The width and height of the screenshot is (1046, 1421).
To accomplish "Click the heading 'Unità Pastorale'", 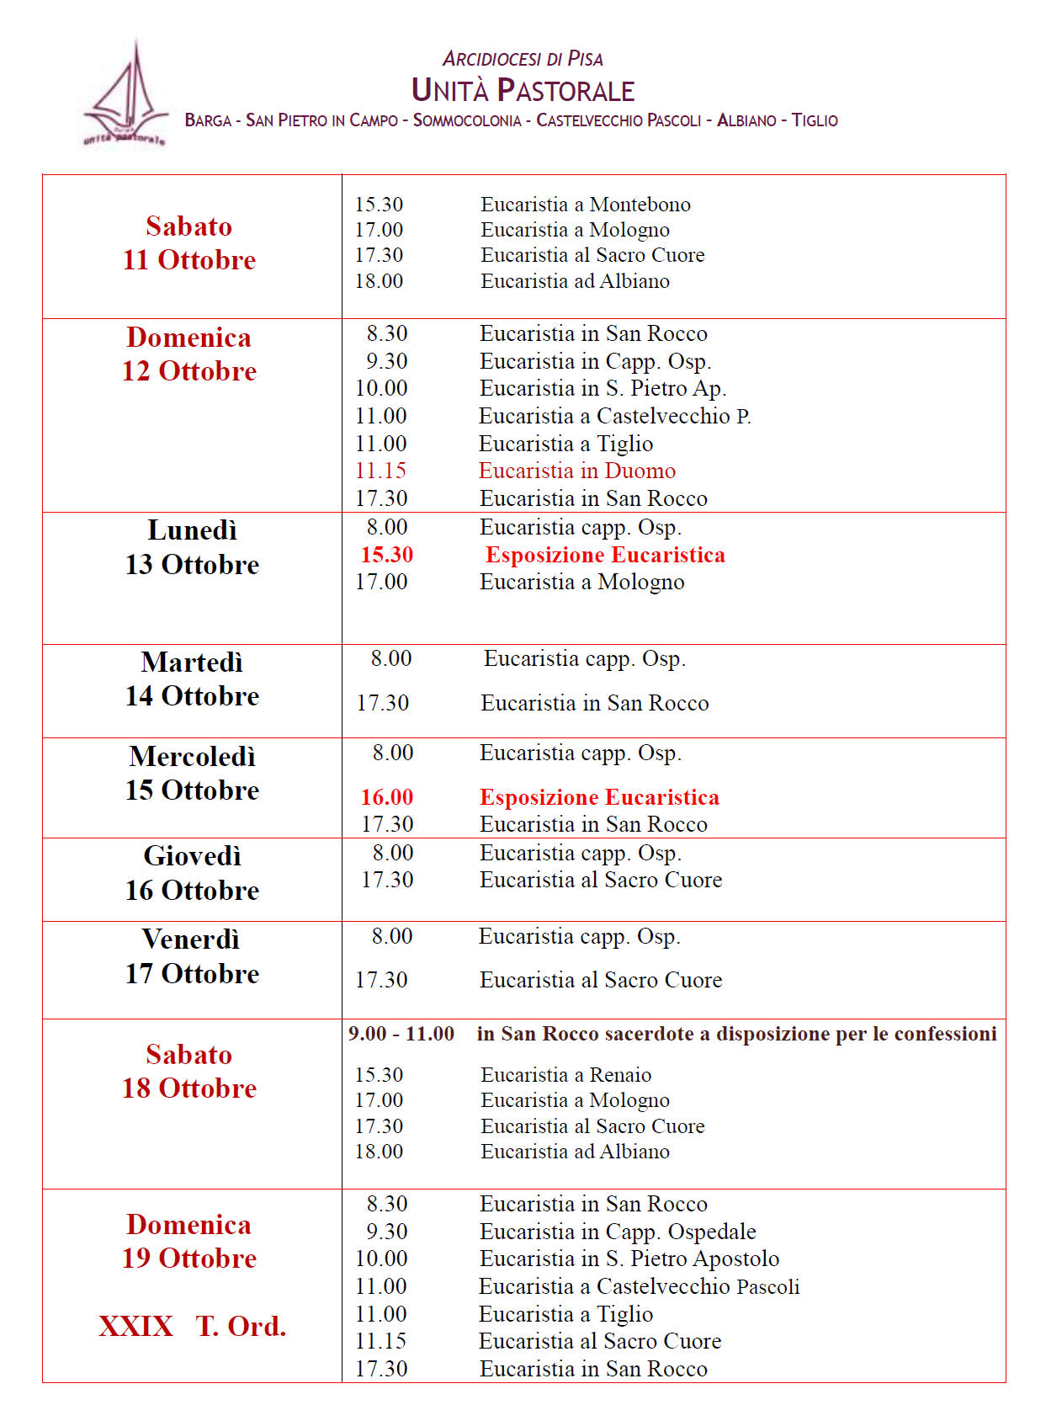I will click(x=523, y=90).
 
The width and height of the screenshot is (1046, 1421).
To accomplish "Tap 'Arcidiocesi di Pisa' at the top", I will click(x=523, y=59).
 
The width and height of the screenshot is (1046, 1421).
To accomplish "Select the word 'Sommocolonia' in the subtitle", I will click(x=467, y=120).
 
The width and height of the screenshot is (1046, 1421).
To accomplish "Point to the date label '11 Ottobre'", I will click(x=189, y=260).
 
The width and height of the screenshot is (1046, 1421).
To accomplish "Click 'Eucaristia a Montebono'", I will click(x=586, y=205).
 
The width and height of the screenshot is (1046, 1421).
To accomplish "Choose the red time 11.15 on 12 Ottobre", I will click(x=380, y=471).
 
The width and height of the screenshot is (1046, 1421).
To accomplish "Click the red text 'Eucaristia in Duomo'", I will click(x=577, y=471).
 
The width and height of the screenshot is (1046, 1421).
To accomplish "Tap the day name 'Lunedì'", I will click(x=192, y=530).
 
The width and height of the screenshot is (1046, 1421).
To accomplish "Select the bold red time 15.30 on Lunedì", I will click(x=387, y=555).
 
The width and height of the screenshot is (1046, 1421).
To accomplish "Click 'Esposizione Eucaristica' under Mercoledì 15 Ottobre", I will click(x=599, y=797).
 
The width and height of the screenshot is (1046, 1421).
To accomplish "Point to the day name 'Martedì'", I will click(x=192, y=663).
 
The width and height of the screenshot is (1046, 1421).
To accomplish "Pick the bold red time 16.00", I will click(x=387, y=797).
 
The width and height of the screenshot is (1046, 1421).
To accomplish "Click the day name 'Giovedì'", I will click(x=192, y=856).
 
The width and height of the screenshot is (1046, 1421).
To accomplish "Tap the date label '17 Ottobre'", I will click(x=192, y=974).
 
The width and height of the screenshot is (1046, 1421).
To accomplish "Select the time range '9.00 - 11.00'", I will click(x=401, y=1034).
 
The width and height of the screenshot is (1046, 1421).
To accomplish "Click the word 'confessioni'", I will click(x=945, y=1034).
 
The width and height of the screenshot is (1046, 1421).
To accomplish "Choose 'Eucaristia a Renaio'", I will click(x=566, y=1075).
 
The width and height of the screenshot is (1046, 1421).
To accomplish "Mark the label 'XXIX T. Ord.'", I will click(x=192, y=1327).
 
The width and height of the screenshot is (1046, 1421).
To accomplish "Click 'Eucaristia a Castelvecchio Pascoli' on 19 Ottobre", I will click(x=640, y=1286).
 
